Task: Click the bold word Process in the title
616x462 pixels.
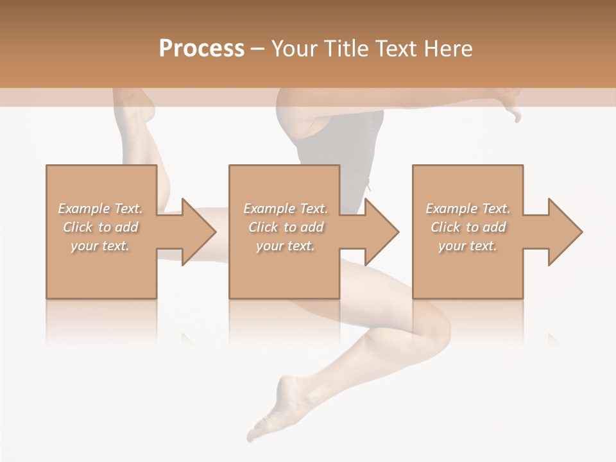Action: point(201,49)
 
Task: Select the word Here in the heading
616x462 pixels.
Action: point(449,49)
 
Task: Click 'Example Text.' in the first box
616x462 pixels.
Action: point(101,209)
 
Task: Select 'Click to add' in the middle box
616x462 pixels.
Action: point(286,227)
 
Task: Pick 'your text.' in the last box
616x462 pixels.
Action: point(468,246)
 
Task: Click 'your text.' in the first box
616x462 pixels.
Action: point(101,246)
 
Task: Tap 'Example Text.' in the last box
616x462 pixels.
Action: point(468,209)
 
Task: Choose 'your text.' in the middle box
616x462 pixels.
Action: point(286,246)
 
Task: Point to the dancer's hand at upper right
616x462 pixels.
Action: point(510,106)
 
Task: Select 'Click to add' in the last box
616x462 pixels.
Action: point(468,227)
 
